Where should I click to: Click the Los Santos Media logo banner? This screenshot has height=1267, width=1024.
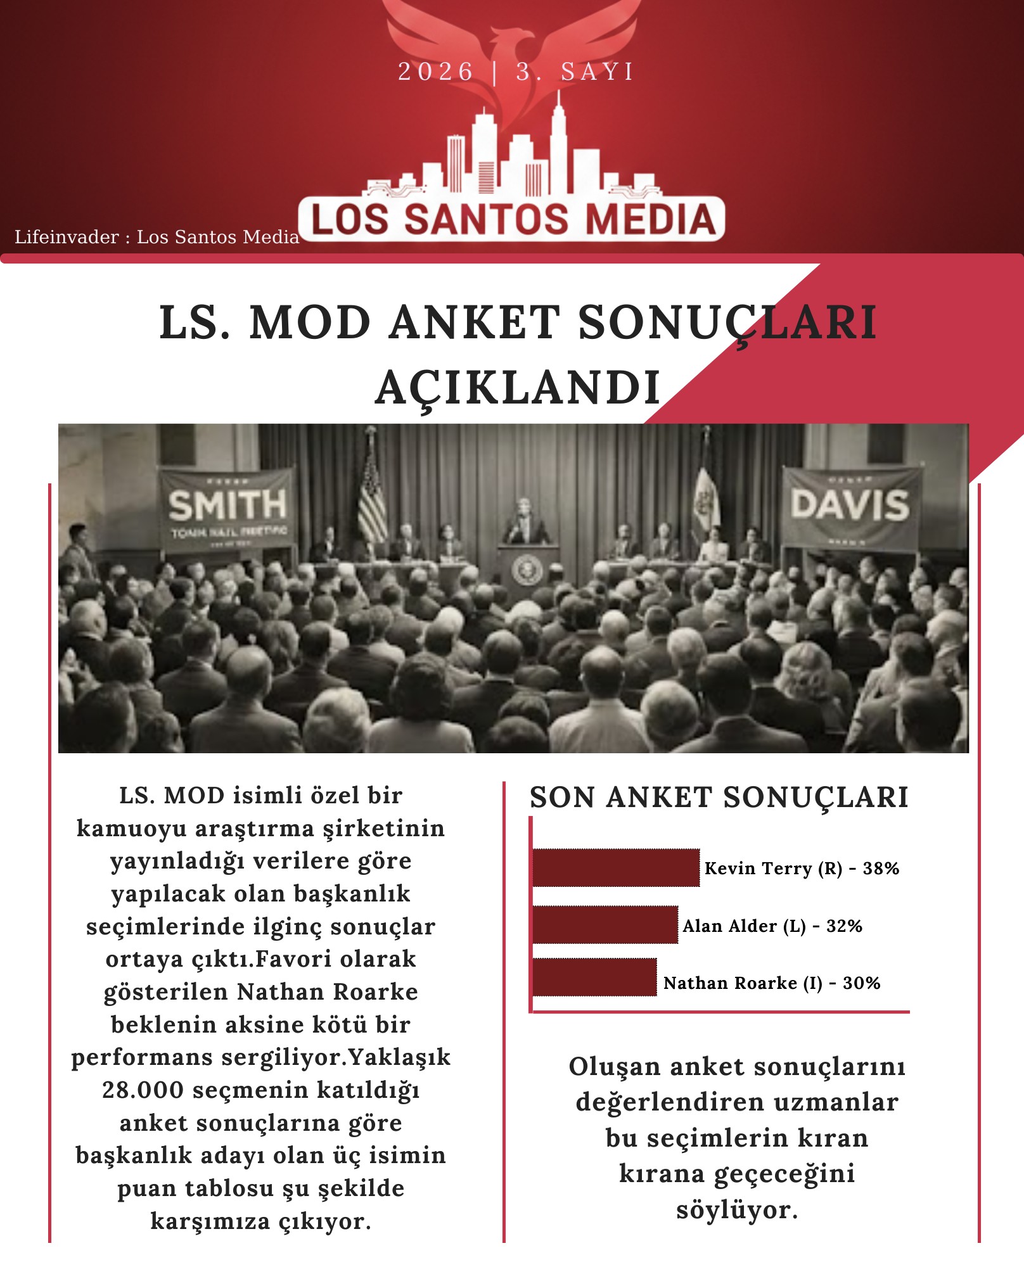point(512,219)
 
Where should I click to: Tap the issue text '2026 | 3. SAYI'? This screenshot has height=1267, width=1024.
point(515,72)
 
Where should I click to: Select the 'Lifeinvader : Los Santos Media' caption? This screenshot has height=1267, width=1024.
point(157,237)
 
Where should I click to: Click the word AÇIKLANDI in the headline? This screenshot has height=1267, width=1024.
point(518,387)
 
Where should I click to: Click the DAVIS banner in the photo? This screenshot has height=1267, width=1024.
point(850,507)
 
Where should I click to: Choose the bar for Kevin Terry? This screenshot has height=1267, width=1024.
point(616,867)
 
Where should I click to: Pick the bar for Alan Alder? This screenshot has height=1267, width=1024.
point(605,925)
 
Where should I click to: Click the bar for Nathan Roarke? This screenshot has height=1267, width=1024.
point(594,977)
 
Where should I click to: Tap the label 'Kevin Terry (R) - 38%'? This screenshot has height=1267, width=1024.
point(802,868)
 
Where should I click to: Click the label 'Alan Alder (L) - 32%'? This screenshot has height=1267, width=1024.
point(772,926)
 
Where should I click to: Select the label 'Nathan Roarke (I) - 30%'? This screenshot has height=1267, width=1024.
point(772,983)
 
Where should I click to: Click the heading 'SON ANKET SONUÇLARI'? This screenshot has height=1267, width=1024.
point(719,797)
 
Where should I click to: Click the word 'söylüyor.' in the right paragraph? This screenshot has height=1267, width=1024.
point(737,1209)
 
